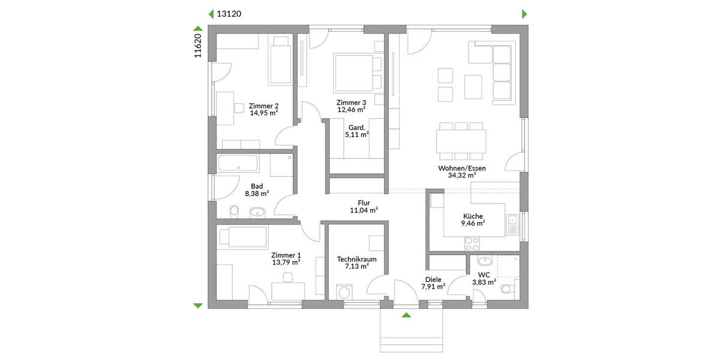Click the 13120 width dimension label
tap(229, 14)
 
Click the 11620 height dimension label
tap(197, 46)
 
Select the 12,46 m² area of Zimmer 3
tap(352, 110)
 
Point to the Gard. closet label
tap(355, 127)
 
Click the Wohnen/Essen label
tap(462, 168)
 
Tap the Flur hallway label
tap(364, 203)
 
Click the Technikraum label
tap(356, 259)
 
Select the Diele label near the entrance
tap(433, 279)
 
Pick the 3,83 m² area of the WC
tap(484, 282)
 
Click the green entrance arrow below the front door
tap(406, 315)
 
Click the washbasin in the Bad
tap(257, 211)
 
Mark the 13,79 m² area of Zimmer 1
tap(286, 262)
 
